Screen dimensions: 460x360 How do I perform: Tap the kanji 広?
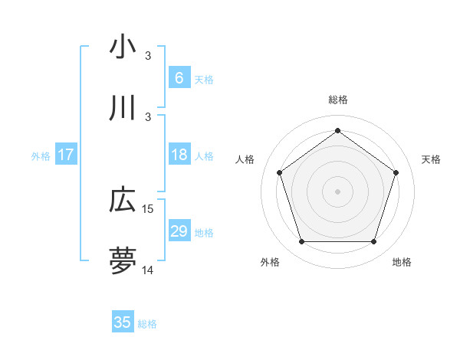pos(123,201)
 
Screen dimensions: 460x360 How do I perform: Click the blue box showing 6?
pos(179,78)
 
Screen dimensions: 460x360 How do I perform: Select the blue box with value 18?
pos(179,155)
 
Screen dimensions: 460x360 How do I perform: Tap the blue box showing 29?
pos(179,232)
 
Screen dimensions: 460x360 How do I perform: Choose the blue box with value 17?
pos(66,155)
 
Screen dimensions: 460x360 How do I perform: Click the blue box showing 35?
pos(123,322)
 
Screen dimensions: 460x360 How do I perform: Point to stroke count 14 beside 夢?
pos(148,270)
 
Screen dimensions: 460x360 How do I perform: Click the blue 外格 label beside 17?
pos(41,156)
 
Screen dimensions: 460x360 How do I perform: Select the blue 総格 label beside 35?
pos(147,323)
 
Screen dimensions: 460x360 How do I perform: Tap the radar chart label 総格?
pos(338,100)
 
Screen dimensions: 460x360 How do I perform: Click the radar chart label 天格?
pos(431,159)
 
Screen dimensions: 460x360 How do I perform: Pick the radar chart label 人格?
pos(245,159)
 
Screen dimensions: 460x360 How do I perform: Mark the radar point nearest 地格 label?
pos(374,242)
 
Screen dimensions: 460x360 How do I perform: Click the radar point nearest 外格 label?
pos(301,242)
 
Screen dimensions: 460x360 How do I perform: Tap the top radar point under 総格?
pos(338,130)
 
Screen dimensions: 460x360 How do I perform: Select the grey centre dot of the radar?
pos(338,191)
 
